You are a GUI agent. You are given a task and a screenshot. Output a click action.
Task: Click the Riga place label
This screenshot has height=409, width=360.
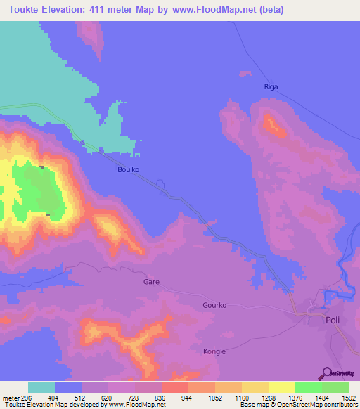271,87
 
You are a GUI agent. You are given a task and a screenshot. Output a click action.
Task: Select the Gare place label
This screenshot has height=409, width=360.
151,281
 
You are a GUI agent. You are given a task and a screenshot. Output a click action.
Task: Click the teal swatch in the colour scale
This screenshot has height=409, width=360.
41,387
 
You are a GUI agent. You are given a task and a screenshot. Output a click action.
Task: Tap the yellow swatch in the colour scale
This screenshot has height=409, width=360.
282,387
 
